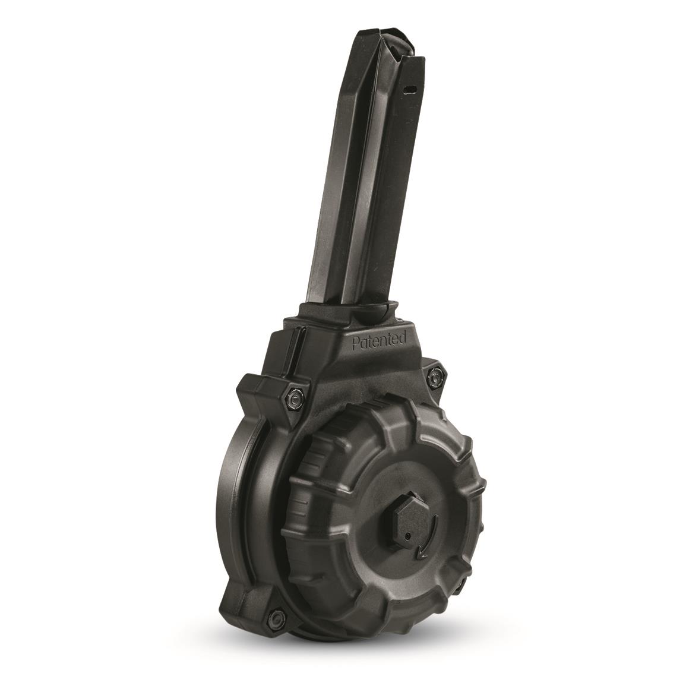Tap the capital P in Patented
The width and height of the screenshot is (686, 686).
click(x=356, y=344)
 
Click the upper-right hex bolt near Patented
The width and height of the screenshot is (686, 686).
click(x=434, y=375)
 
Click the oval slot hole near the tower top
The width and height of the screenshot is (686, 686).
click(x=408, y=88)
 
